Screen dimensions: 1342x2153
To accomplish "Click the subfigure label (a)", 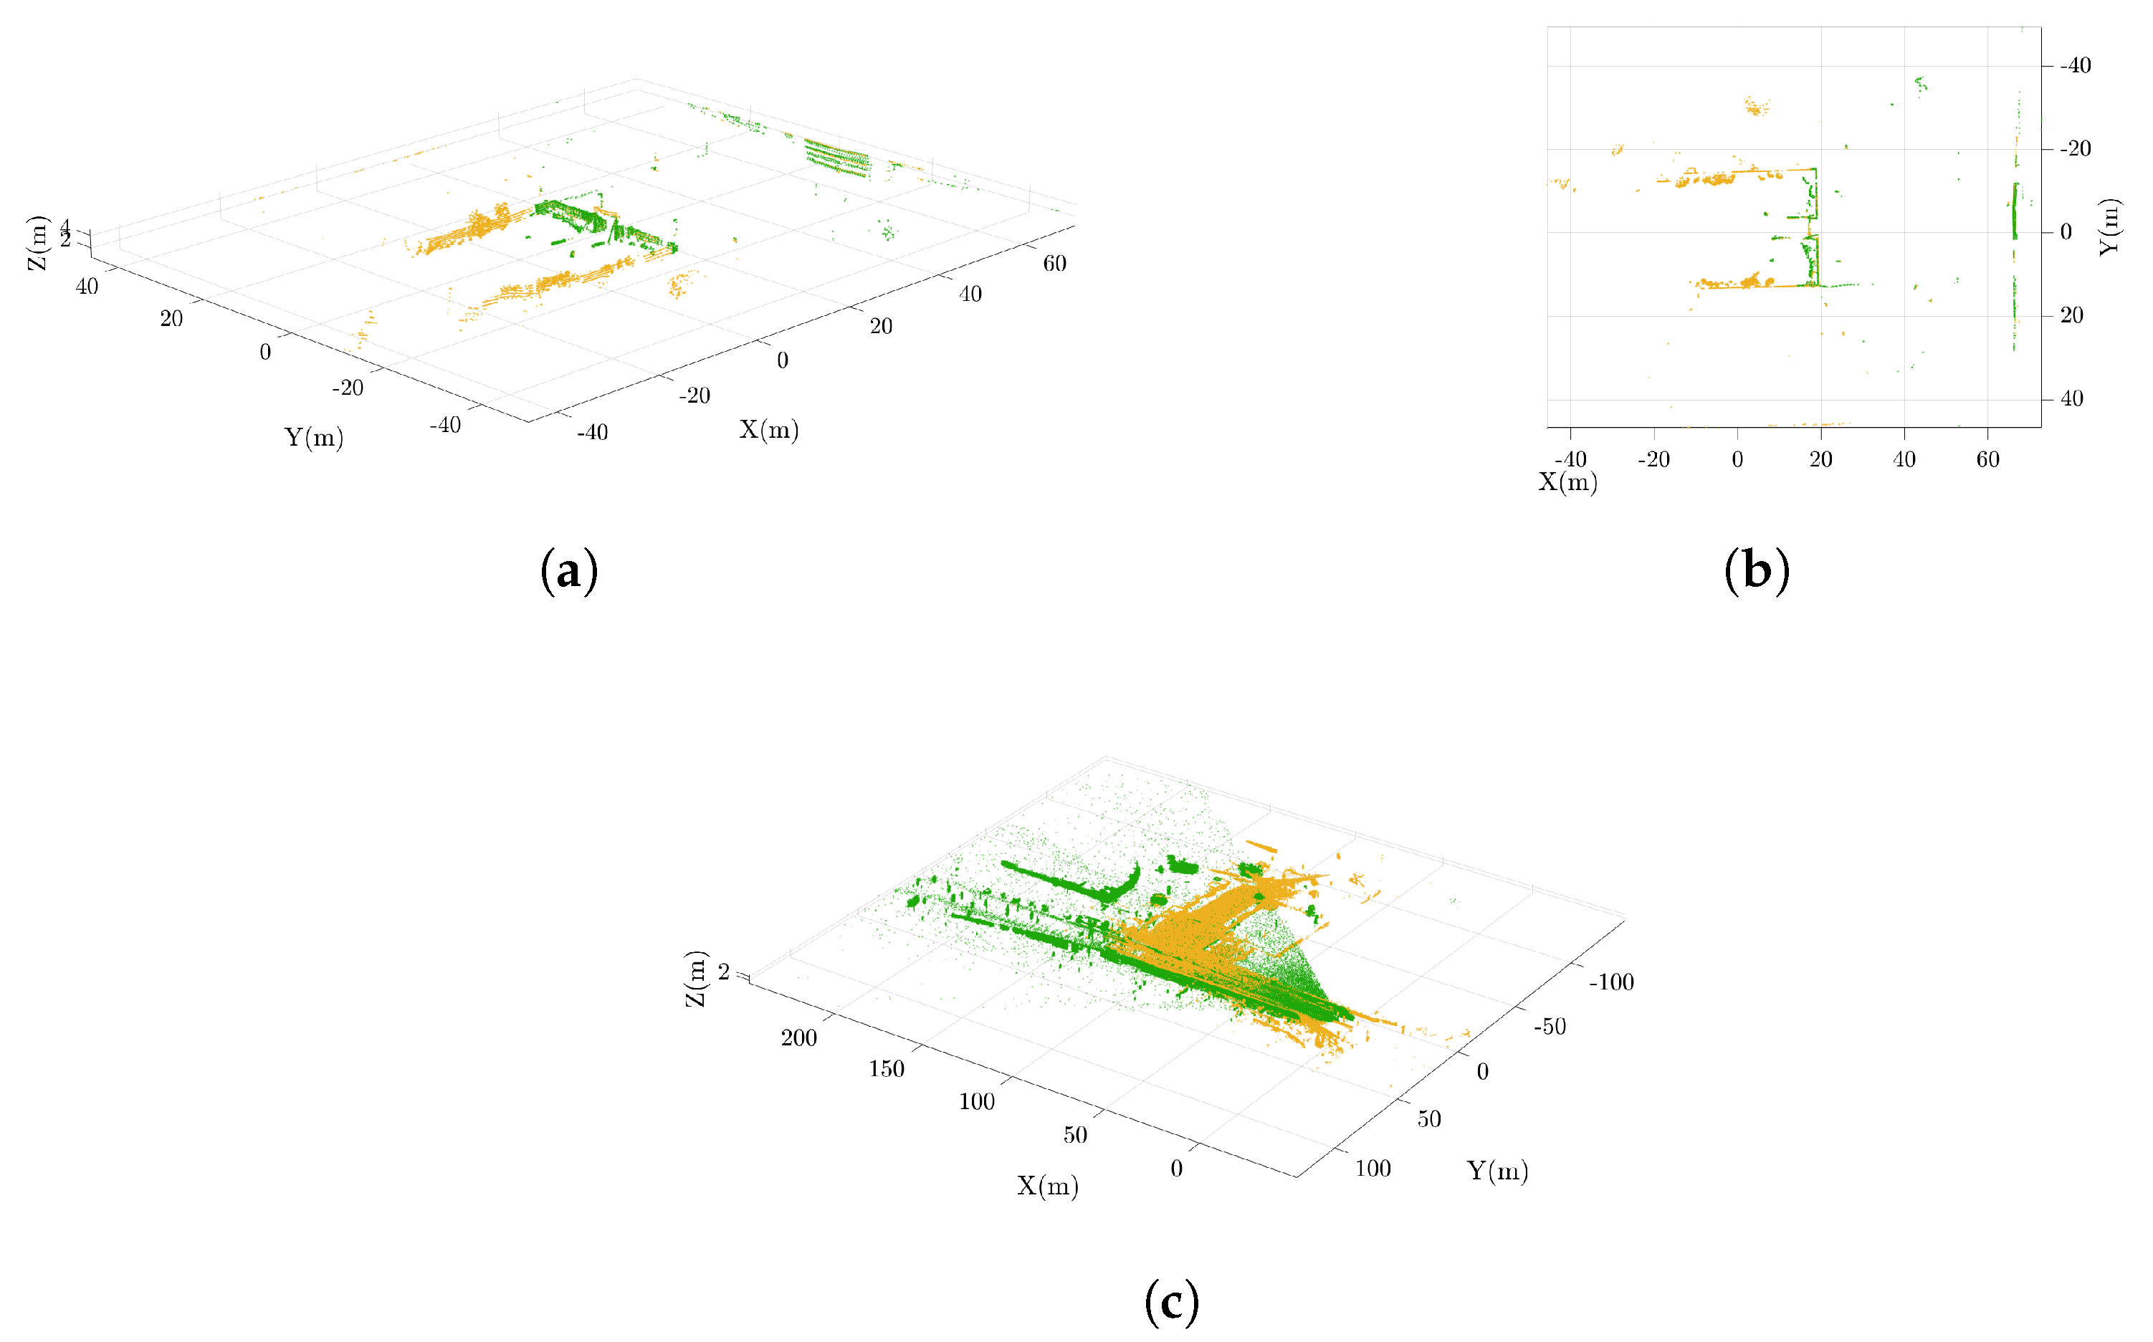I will click(569, 571).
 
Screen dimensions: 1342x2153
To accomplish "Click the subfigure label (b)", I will click(1756, 571).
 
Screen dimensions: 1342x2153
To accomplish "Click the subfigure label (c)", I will click(1172, 1303).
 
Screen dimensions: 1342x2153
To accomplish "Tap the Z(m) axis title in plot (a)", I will click(37, 242).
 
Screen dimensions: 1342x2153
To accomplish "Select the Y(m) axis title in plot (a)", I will click(313, 438).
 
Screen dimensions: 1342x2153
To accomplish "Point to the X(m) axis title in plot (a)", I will click(769, 431).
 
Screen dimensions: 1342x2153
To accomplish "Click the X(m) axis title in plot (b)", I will click(1568, 482).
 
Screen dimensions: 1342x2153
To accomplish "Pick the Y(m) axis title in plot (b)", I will click(2109, 227).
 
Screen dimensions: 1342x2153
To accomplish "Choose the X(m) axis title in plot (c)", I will click(1048, 1186).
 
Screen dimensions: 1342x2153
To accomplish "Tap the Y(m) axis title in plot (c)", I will click(1498, 1171).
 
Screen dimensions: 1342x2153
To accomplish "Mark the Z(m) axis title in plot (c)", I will click(695, 978).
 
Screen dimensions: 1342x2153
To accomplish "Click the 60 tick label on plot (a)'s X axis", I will click(1055, 264).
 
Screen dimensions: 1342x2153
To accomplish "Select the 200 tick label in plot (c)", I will click(799, 1037).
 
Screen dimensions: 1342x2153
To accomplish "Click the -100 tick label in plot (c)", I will click(1611, 982).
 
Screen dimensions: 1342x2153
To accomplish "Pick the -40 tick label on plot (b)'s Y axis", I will click(2075, 66).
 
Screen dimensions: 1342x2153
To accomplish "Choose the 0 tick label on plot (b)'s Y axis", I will click(2066, 233).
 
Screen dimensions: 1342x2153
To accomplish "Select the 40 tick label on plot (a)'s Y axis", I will click(87, 287).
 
